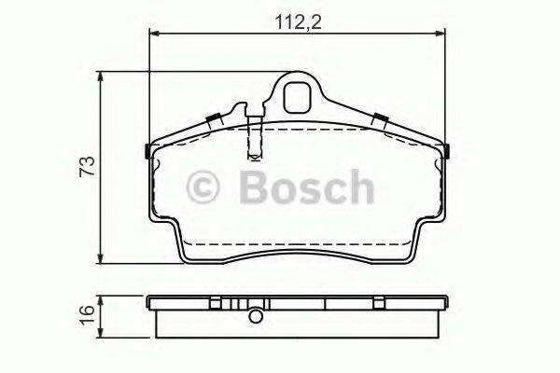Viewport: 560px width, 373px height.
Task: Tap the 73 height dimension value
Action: click(86, 168)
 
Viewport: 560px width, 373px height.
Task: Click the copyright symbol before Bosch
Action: click(205, 186)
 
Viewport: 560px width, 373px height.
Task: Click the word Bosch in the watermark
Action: click(306, 186)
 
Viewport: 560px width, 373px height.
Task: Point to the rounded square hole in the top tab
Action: click(299, 94)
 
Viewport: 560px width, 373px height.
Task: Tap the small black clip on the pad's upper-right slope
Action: click(381, 118)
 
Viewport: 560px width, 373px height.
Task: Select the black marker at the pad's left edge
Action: click(148, 151)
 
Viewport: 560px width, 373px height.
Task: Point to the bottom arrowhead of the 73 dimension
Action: click(101, 260)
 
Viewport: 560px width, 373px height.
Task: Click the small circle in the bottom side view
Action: click(253, 315)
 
